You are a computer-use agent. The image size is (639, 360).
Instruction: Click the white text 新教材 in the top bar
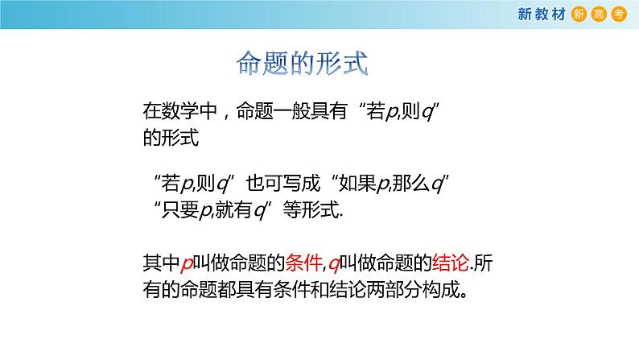pyautogui.click(x=543, y=14)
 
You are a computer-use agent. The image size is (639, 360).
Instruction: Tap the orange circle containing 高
pyautogui.click(x=596, y=14)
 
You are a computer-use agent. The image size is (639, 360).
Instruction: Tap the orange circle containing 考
pyautogui.click(x=617, y=14)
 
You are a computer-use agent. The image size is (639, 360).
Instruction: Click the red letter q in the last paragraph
pyautogui.click(x=332, y=263)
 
